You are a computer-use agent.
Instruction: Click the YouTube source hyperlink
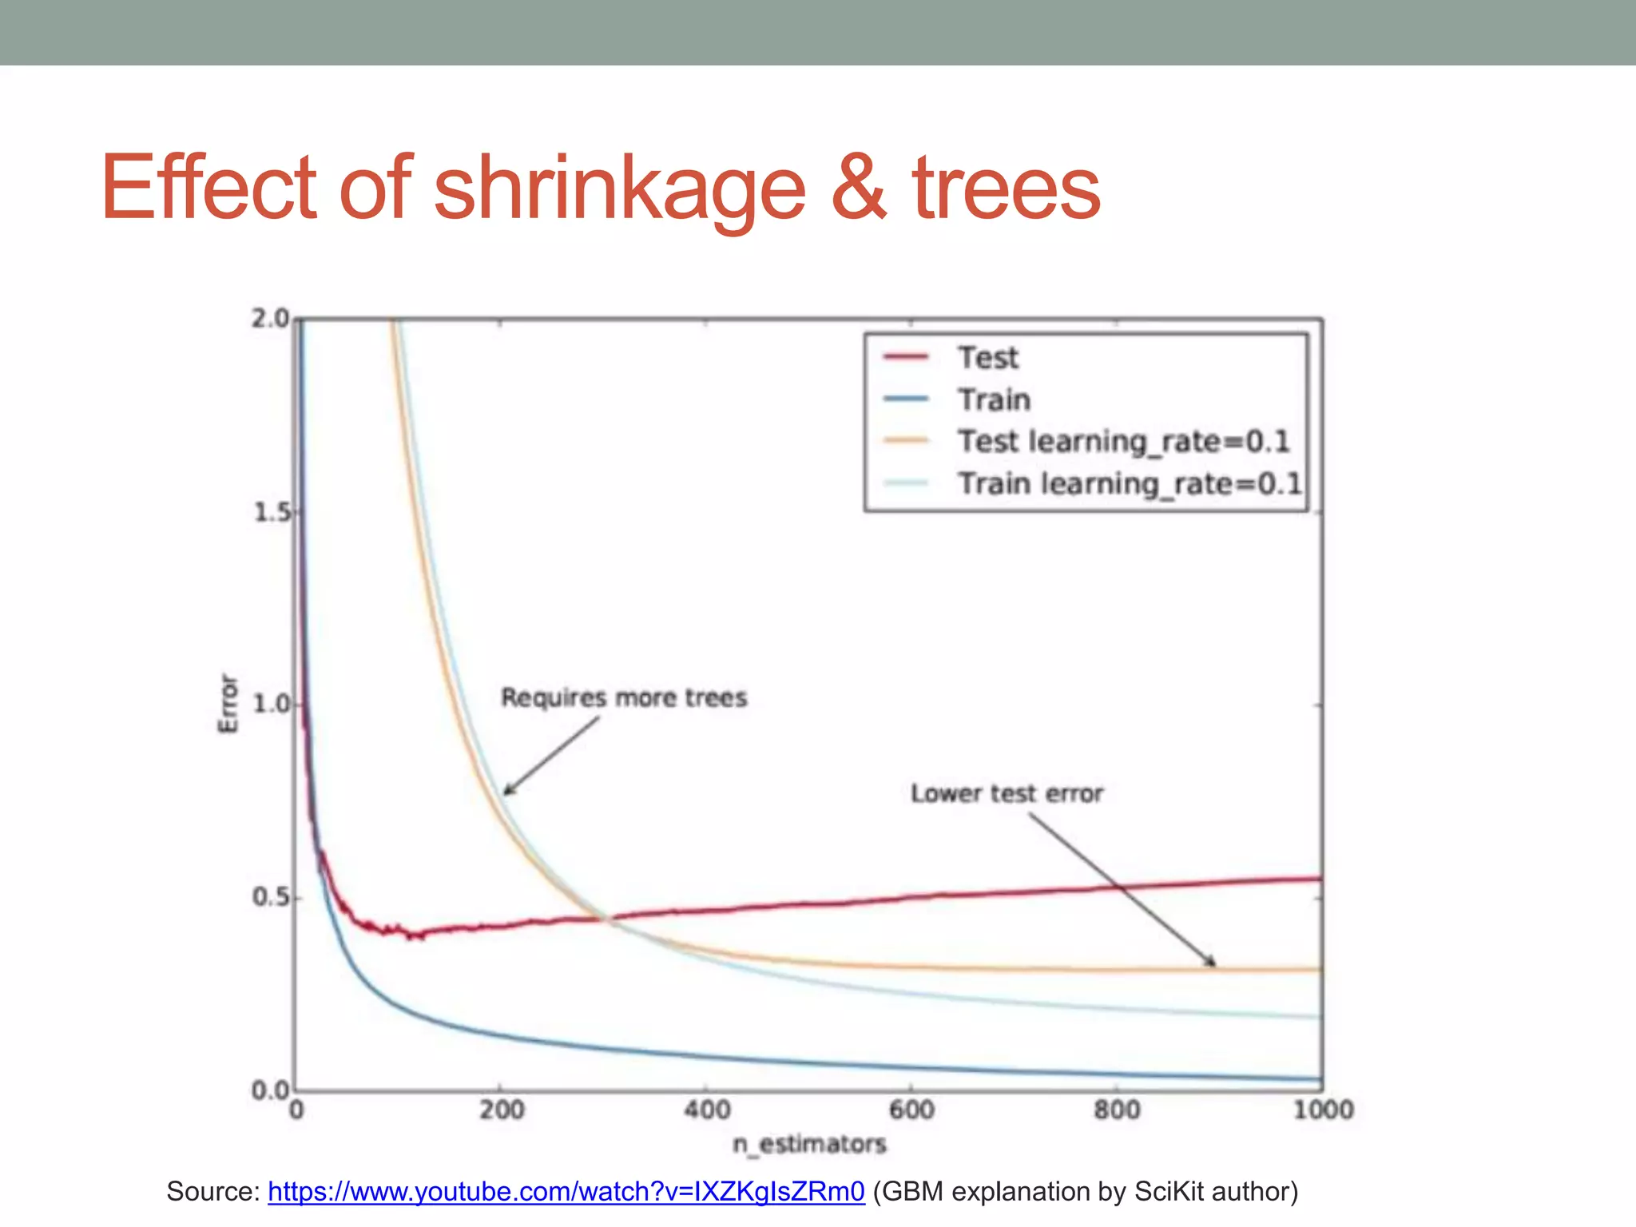pos(566,1191)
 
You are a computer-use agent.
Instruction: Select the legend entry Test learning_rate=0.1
pos(1123,442)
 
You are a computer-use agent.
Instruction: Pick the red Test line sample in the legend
pos(906,357)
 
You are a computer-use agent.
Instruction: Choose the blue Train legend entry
pos(994,399)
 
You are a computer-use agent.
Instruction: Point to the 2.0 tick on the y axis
pos(270,319)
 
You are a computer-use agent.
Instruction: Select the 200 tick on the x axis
pos(502,1110)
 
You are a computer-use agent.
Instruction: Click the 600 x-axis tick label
pos(911,1110)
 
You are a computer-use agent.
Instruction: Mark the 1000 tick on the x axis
pos(1323,1110)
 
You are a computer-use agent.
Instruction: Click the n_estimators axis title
pos(809,1144)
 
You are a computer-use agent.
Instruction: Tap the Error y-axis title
pos(228,703)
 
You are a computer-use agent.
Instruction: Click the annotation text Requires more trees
pos(623,697)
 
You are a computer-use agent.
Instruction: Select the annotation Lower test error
pos(1007,793)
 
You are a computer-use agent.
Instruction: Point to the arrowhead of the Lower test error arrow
pos(1212,963)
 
